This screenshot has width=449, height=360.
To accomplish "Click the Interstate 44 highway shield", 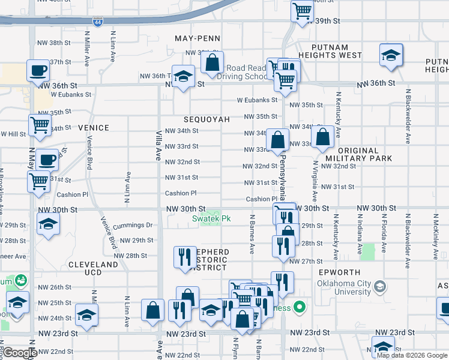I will pyautogui.click(x=97, y=22).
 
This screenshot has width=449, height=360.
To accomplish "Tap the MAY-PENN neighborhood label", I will pyautogui.click(x=198, y=38).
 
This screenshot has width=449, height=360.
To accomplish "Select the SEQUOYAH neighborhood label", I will pyautogui.click(x=207, y=119).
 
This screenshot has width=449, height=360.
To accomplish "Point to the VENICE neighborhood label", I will pyautogui.click(x=94, y=128).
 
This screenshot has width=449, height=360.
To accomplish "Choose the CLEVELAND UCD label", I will pyautogui.click(x=93, y=268).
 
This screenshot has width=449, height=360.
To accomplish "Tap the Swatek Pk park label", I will pyautogui.click(x=211, y=219).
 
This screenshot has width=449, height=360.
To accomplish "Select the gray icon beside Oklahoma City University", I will pyautogui.click(x=379, y=286).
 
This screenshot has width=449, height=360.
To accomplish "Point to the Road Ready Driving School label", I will pyautogui.click(x=247, y=72).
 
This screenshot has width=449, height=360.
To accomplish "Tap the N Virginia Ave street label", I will pyautogui.click(x=314, y=180).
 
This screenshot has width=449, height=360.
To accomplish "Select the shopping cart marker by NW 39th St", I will pyautogui.click(x=303, y=10).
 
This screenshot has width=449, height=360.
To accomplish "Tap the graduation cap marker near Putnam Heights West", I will pyautogui.click(x=391, y=56).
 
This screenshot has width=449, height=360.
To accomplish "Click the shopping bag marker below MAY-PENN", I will pyautogui.click(x=212, y=61).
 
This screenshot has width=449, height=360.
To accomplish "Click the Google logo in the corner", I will pyautogui.click(x=20, y=353).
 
